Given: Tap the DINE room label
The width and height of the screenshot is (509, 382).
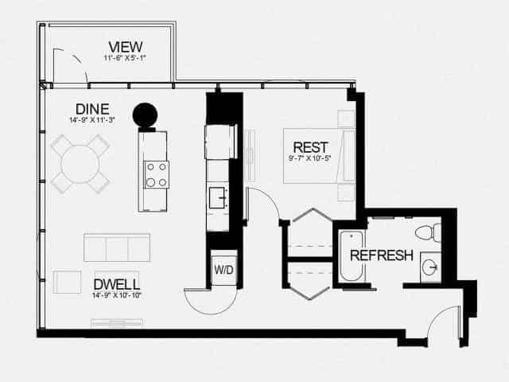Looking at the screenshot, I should coord(92,109).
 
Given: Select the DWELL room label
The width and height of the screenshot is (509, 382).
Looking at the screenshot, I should coord(117,284).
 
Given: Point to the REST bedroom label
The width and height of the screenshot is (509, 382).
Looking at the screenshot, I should coord(310,147).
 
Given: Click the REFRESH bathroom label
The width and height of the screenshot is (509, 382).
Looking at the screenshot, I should coord(382,255).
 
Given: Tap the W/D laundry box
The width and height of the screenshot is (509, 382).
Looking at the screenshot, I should coord(223,270).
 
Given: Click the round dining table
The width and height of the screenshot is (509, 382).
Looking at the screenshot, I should coord(80,164).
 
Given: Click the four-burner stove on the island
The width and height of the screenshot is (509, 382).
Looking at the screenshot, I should coord(157,173).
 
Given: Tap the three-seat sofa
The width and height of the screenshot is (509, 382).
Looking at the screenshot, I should coord(117,248).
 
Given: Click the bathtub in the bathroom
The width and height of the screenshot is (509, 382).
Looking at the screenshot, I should coord(352,256).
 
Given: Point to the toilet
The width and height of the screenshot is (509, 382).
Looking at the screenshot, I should coord(427,232).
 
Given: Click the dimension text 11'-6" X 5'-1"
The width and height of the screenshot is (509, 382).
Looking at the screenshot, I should coord(125,57).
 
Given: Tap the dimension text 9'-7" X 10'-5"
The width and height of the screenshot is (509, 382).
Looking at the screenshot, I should coord(310,159).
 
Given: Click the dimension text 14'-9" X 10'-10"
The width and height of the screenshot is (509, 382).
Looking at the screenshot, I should coord(117,296).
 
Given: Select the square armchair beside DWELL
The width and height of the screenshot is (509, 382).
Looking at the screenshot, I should coord(68,283).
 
